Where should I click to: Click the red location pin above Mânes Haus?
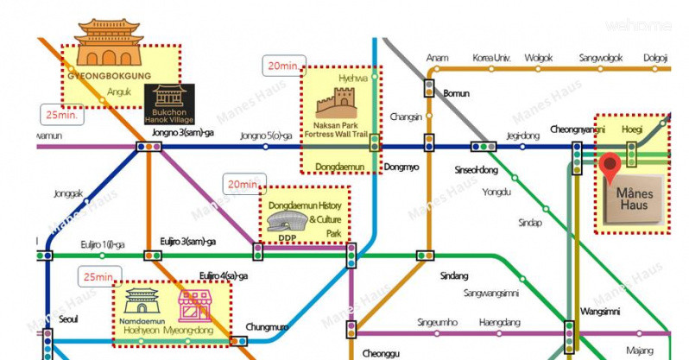pos(611,167)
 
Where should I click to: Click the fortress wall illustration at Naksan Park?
pos(331,105)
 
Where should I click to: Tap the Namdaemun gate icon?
pos(142,302)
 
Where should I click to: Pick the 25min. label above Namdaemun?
pos(98,276)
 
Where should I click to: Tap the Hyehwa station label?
pos(353,78)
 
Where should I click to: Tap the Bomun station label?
pos(455,92)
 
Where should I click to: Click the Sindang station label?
pos(453,275)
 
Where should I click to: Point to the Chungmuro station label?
pos(267,326)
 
